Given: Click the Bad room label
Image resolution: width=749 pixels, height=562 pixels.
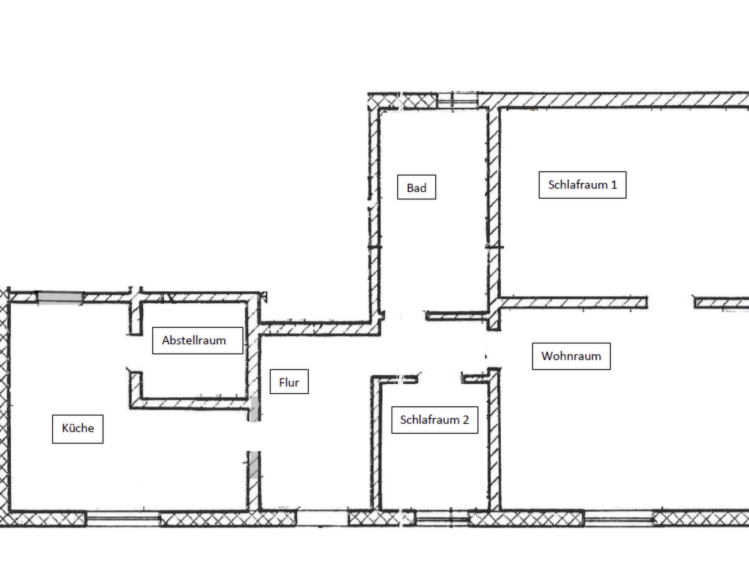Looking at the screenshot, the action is (x=417, y=187).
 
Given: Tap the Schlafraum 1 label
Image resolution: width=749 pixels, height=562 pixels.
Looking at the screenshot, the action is (x=582, y=185).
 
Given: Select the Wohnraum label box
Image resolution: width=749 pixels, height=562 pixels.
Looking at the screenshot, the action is (x=571, y=356).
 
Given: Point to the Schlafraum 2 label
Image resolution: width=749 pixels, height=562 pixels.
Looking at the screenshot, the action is (x=434, y=420).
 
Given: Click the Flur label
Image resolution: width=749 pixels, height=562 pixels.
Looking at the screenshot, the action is (x=289, y=382).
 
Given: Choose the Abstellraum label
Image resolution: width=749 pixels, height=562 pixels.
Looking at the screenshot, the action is (x=197, y=340).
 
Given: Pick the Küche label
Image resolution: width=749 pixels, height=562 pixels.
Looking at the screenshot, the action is (x=78, y=429).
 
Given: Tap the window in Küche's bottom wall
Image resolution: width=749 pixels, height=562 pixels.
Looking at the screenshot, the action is (x=123, y=518).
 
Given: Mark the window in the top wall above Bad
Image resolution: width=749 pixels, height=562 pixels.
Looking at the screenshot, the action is (x=457, y=100).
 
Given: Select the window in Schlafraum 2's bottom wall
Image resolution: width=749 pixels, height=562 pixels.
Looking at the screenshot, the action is (x=442, y=519).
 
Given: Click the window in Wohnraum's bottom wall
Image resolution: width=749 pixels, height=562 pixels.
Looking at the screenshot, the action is (x=619, y=518).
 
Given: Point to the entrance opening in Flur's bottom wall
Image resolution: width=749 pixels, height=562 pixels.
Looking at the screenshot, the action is (x=322, y=518).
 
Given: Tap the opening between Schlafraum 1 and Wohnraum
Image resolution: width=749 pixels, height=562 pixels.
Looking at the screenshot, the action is (x=671, y=303).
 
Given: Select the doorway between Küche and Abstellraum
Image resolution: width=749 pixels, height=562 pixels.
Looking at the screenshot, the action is (x=135, y=353).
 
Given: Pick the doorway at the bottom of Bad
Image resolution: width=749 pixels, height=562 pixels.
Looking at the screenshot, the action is (x=404, y=316).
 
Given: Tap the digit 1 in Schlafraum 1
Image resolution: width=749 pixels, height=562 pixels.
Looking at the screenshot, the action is (x=614, y=185).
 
